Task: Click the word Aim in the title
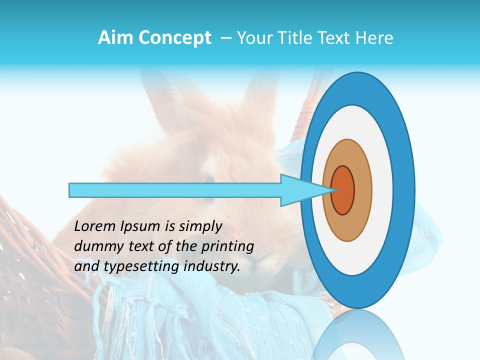coord(115,38)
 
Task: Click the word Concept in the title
coord(174,38)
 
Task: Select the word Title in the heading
coord(291,38)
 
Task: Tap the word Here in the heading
coord(374,38)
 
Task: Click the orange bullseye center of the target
coord(343,190)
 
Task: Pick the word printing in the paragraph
coord(228,247)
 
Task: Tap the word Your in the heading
coord(253,38)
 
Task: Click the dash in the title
coord(225,38)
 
